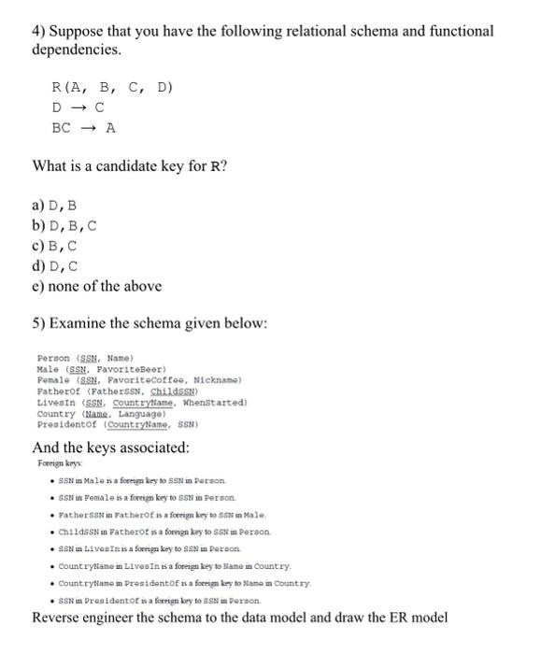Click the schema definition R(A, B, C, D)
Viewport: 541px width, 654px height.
click(113, 88)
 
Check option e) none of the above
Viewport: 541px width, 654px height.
click(97, 286)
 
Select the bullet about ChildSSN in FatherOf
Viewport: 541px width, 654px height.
click(158, 531)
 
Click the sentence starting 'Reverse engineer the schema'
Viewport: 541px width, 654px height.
click(239, 618)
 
